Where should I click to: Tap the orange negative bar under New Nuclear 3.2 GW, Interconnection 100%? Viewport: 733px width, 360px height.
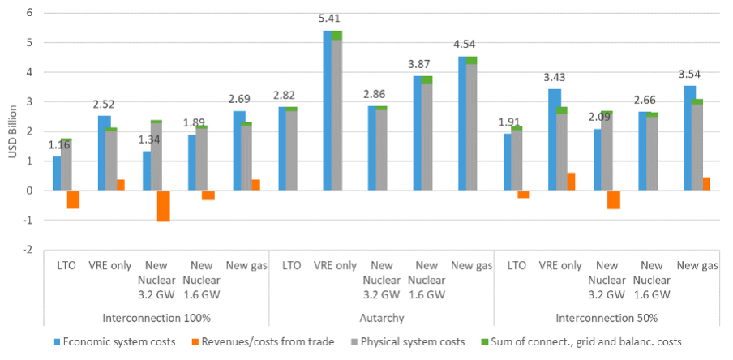164,206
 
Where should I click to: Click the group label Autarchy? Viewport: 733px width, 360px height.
380,317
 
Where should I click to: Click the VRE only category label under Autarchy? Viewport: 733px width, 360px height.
335,265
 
